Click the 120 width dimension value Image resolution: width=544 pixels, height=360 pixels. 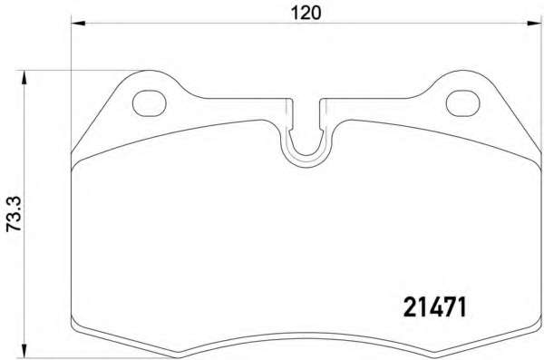306,14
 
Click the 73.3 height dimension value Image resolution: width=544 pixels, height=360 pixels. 15,214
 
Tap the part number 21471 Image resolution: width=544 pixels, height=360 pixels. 435,307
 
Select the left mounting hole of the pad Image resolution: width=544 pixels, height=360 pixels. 150,103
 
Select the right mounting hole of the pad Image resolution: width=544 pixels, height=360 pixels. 462,103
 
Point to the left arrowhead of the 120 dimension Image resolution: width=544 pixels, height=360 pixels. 78,24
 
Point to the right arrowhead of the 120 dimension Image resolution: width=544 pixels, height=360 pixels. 534,24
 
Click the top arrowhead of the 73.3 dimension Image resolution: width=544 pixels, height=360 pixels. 24,77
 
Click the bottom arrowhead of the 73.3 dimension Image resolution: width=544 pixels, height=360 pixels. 24,351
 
